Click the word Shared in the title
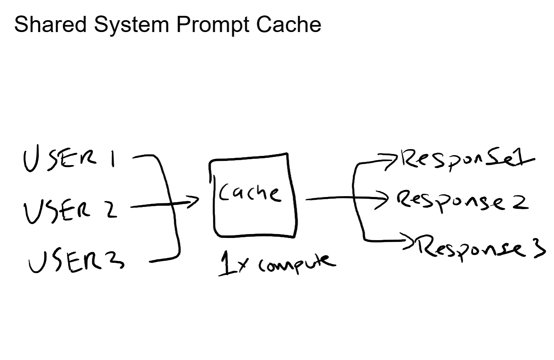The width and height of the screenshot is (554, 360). pos(50,24)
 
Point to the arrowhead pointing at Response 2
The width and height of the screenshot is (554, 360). pos(383,198)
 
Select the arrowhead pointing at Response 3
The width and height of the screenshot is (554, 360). pos(409,240)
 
